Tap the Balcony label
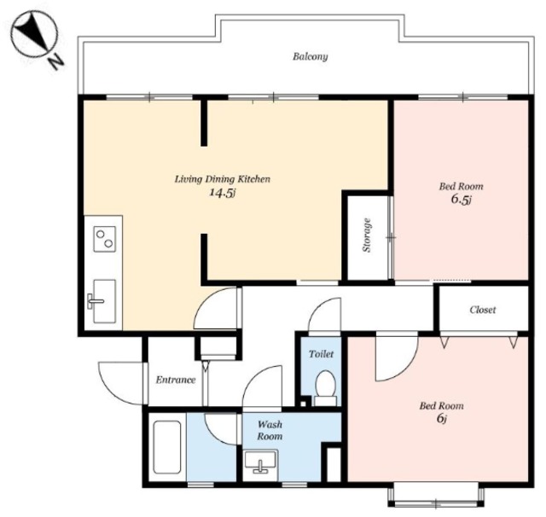click(x=311, y=57)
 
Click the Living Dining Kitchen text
click(x=223, y=179)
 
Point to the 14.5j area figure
click(x=223, y=193)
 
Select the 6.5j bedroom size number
click(x=461, y=200)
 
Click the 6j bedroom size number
click(x=442, y=418)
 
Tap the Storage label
click(x=367, y=235)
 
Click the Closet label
click(x=483, y=310)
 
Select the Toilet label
click(x=321, y=354)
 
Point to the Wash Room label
click(x=270, y=430)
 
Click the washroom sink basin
click(x=261, y=462)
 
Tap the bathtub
click(x=167, y=447)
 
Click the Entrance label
click(x=176, y=380)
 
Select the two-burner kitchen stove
click(x=104, y=239)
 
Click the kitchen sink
click(x=101, y=301)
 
